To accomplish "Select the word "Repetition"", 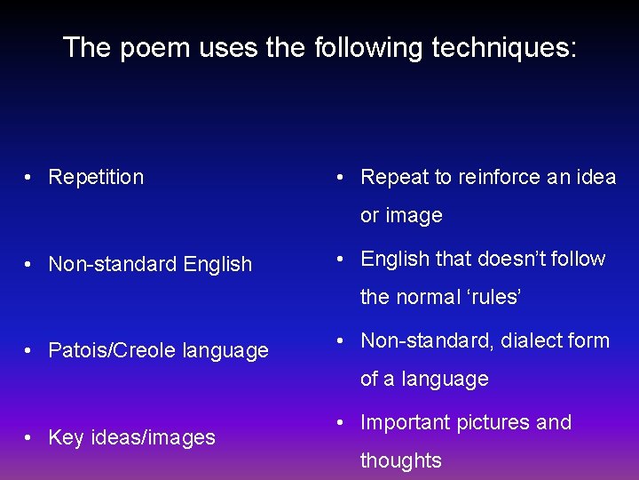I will tap(96, 177).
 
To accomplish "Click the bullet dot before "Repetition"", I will tap(30, 178).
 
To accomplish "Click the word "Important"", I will tap(405, 422).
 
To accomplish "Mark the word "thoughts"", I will tap(400, 460).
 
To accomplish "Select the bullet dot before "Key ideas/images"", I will tap(30, 438).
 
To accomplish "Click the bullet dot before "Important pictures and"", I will tap(343, 423).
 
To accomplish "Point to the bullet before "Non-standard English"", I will tap(30, 265).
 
